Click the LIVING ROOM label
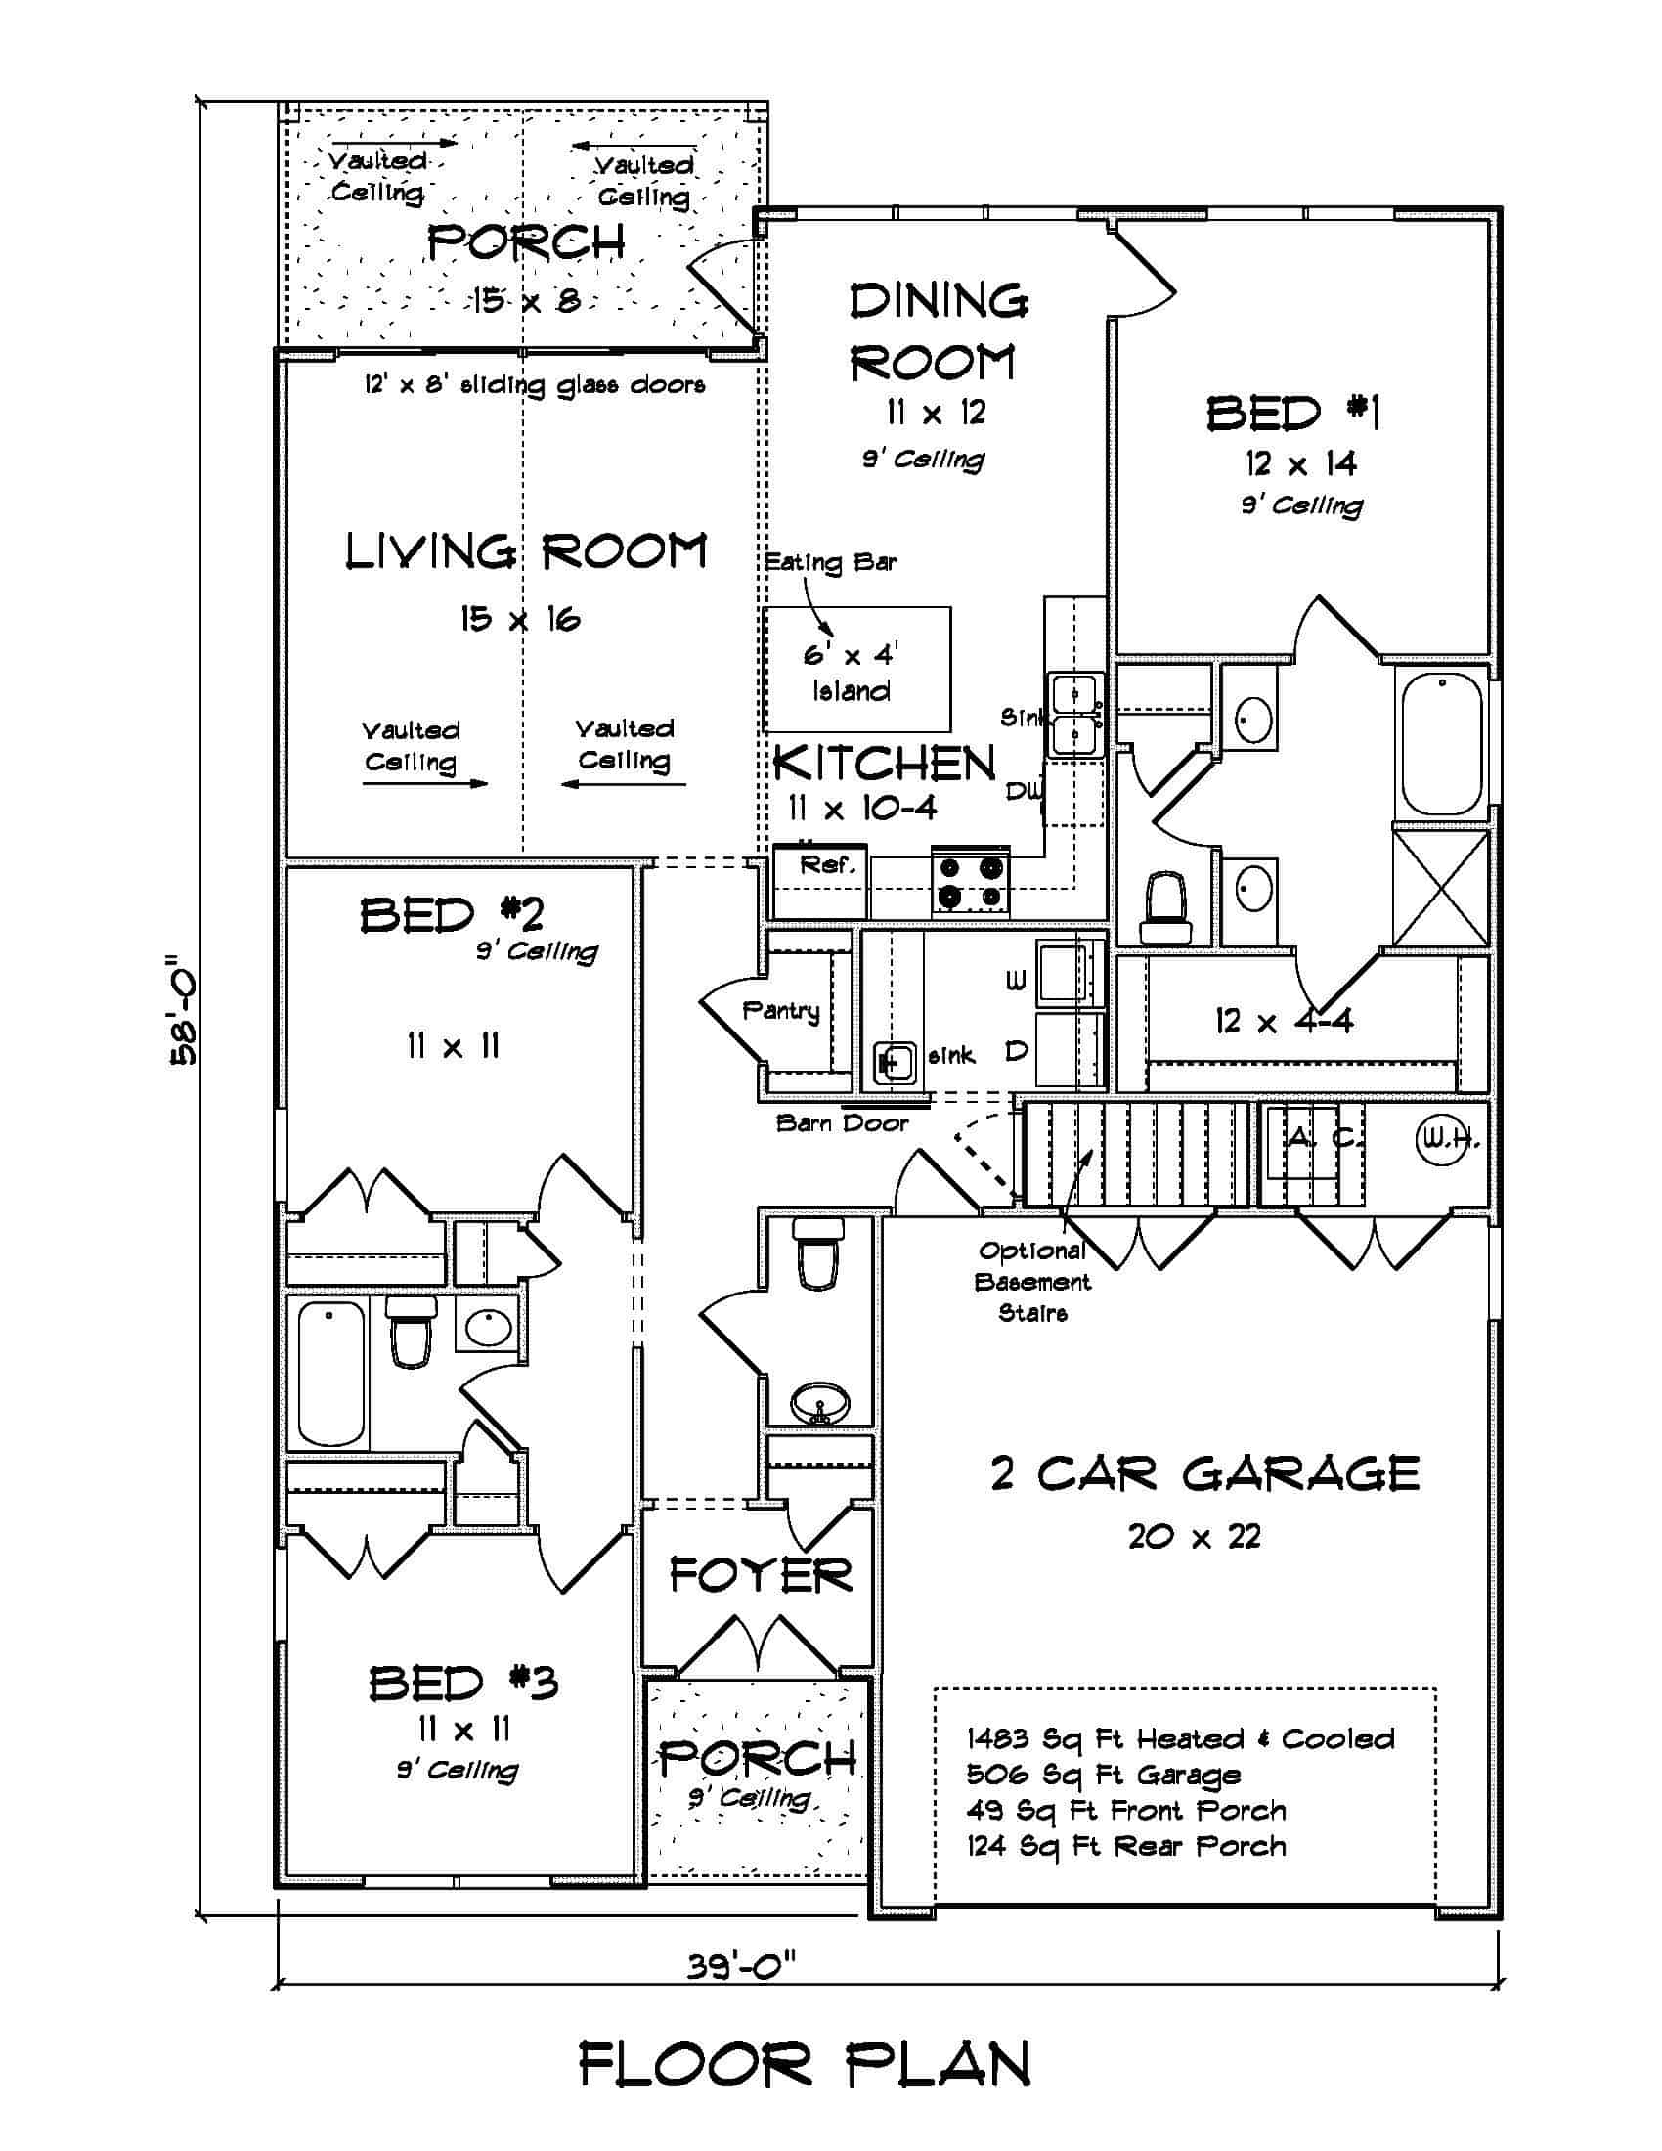point(526,552)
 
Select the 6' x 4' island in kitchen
point(856,670)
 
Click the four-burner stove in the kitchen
point(972,882)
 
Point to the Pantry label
point(781,1011)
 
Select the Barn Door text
point(842,1122)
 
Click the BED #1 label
point(1292,414)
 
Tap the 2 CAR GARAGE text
point(1204,1474)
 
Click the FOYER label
point(760,1576)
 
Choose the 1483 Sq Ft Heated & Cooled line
point(1181,1739)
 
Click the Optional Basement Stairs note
point(1032,1282)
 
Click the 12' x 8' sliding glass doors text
point(535,385)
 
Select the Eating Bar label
point(830,562)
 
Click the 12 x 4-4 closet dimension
point(1284,1022)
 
